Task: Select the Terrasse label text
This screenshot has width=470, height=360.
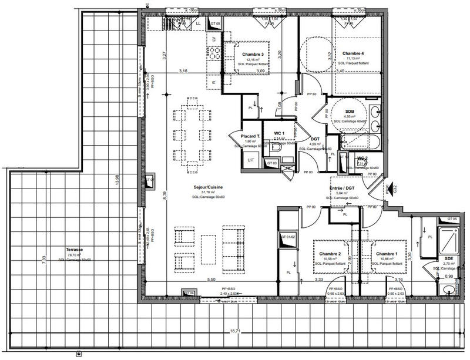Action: (74, 250)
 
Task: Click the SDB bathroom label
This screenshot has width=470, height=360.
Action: (350, 112)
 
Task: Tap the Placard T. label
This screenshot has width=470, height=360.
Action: (251, 136)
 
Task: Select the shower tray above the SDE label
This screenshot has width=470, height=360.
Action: (450, 238)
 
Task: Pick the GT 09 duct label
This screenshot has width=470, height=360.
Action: (215, 24)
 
